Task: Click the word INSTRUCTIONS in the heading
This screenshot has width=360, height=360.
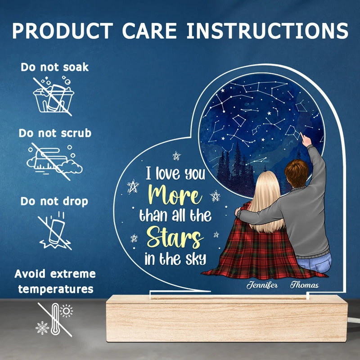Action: pos(267,31)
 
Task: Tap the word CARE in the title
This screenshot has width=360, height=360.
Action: pos(149,31)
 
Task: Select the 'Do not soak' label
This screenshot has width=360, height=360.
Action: pos(54,67)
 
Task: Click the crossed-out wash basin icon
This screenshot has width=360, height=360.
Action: pos(53,96)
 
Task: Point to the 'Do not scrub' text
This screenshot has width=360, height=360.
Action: pos(55,133)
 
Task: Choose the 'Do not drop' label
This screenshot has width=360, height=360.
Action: pos(54,201)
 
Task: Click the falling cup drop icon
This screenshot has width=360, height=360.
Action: pos(55,231)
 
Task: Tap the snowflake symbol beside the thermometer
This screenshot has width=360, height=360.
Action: pos(42,328)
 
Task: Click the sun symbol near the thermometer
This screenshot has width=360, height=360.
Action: pos(66,311)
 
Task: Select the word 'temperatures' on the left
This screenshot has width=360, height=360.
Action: pos(56,289)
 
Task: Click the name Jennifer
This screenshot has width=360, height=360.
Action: pos(262,285)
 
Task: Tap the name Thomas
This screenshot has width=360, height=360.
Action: pos(305,285)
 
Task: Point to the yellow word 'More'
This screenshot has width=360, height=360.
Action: pos(175,195)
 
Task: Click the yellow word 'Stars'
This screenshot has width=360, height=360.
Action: pos(175,237)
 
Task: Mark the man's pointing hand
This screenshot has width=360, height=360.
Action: pos(305,139)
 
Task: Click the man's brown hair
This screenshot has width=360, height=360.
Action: pos(297,173)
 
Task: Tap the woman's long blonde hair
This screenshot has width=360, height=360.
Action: pos(266,202)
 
